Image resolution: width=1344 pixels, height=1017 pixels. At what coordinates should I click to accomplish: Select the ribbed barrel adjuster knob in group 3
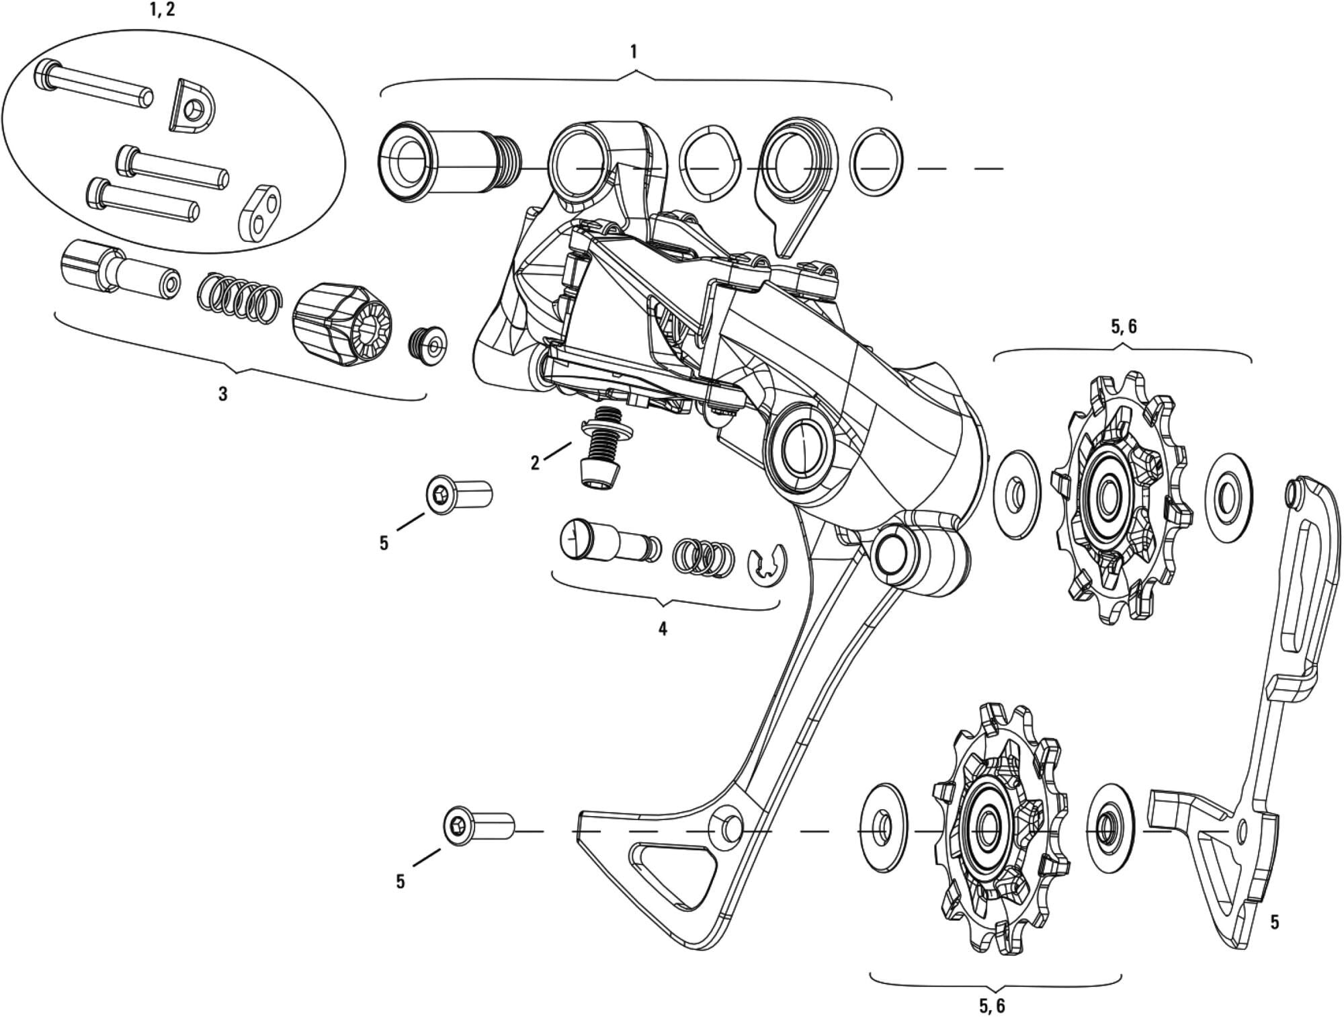tap(341, 325)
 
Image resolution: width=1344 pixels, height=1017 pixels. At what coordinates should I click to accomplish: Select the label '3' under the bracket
tap(223, 394)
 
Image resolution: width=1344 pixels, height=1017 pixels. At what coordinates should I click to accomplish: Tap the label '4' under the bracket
tap(663, 629)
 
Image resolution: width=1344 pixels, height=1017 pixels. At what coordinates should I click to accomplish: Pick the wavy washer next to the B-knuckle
tap(710, 163)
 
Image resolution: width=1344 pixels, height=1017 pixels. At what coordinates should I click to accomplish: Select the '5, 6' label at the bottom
tap(992, 1006)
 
